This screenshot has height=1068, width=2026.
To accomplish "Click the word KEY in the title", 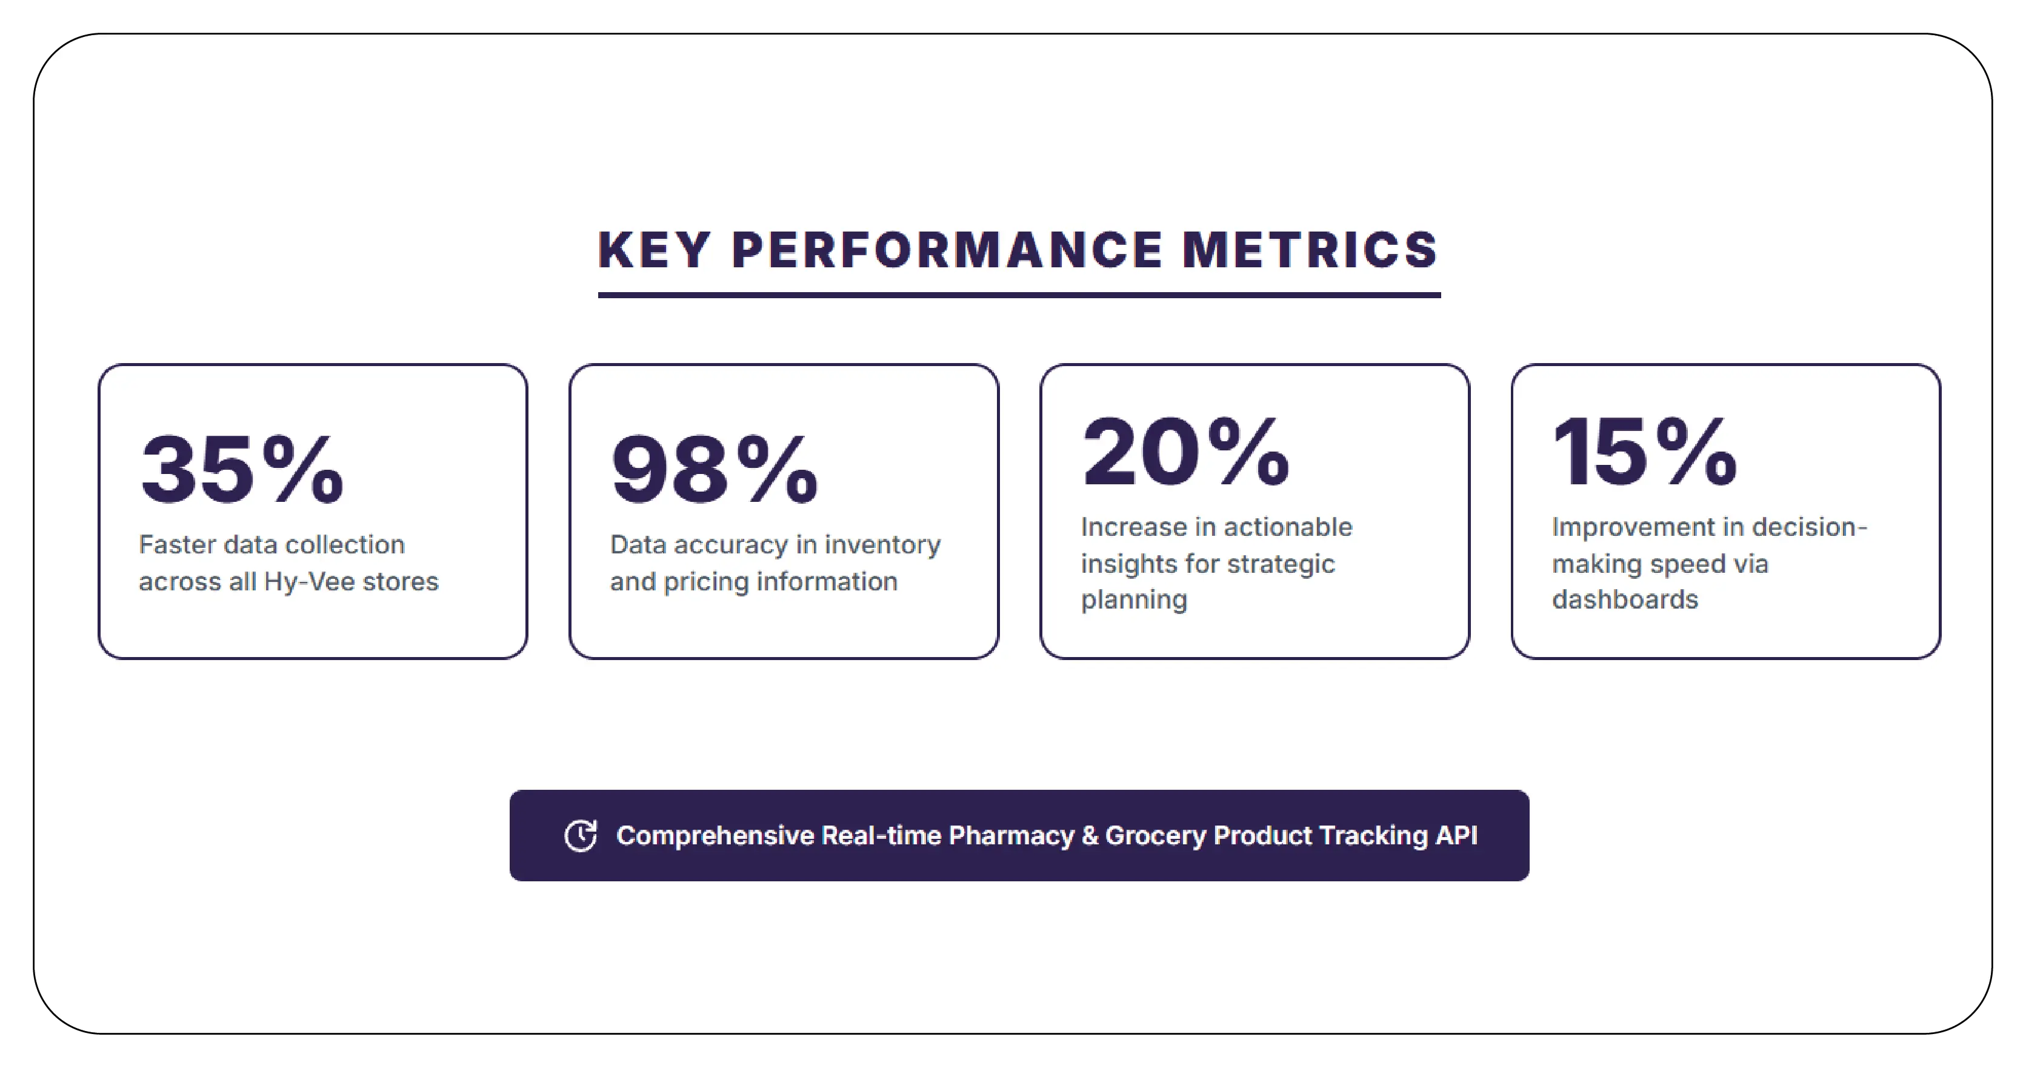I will pyautogui.click(x=655, y=251).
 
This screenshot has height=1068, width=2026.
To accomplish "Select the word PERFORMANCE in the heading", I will pyautogui.click(x=947, y=251).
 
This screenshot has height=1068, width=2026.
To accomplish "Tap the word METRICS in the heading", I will pyautogui.click(x=1310, y=251).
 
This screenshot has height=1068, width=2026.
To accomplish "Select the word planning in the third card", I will pyautogui.click(x=1133, y=600).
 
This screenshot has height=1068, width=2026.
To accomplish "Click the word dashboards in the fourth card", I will pyautogui.click(x=1625, y=599).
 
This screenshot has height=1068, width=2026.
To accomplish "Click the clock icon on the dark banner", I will pyautogui.click(x=581, y=835).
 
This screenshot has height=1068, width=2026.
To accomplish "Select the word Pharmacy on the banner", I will pyautogui.click(x=1011, y=835).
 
